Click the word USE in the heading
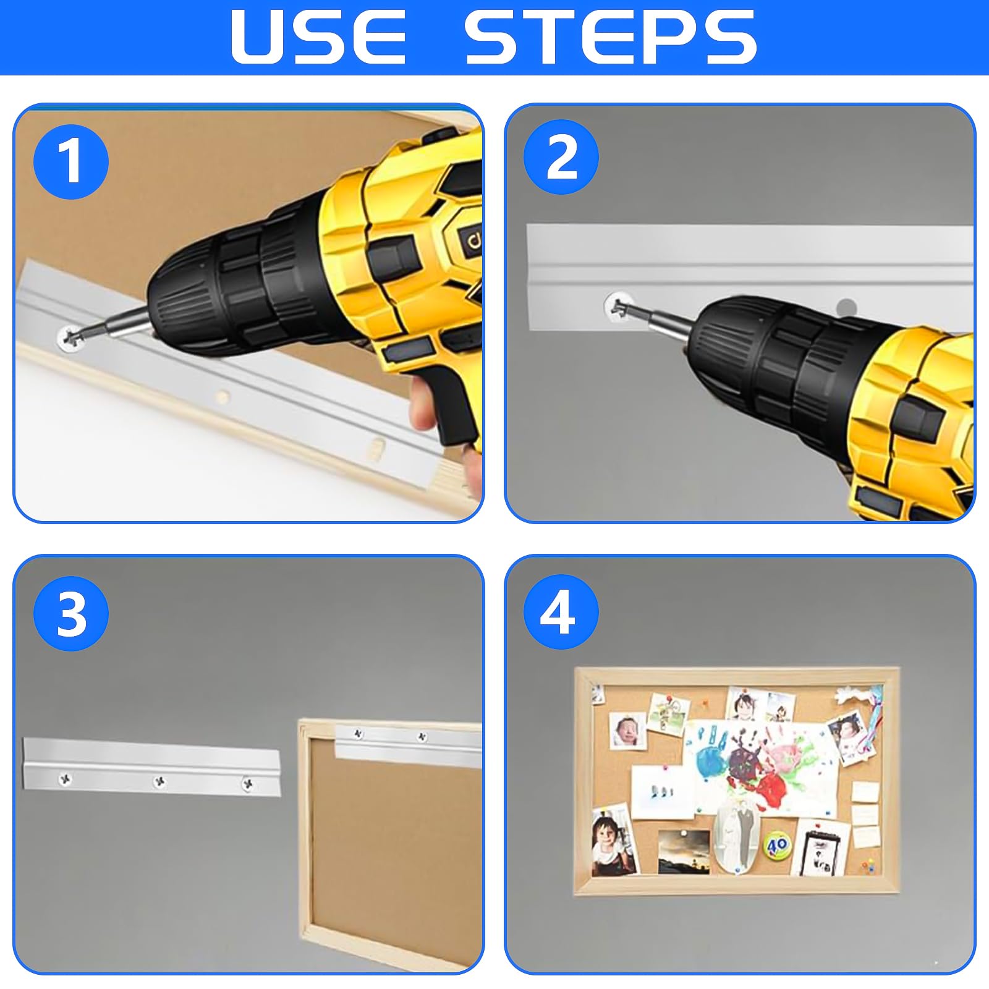(318, 37)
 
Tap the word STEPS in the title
(611, 37)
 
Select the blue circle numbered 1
(71, 162)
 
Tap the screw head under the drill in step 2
(616, 305)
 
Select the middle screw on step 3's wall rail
(159, 782)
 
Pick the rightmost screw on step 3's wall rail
(248, 784)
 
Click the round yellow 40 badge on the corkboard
(778, 844)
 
